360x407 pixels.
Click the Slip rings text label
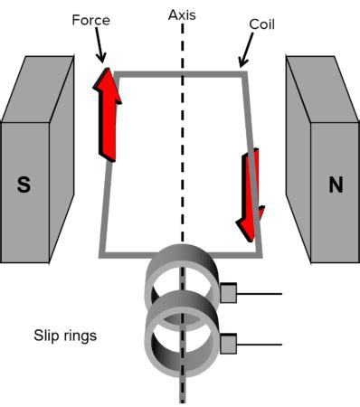click(64, 336)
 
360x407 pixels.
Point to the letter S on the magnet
click(24, 185)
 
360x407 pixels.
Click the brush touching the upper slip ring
click(228, 293)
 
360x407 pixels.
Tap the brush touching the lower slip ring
click(228, 343)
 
